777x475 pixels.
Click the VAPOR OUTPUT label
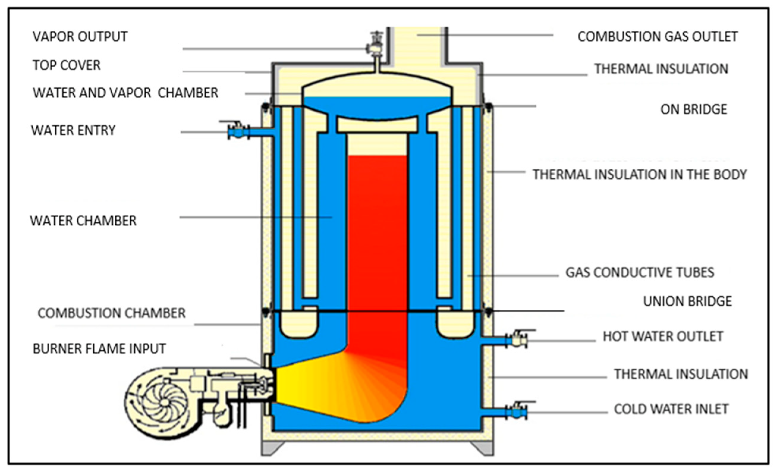pos(80,37)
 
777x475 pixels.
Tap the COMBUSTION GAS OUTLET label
pos(658,37)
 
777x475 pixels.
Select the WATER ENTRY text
pos(73,130)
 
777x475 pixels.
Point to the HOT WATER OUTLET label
pos(663,336)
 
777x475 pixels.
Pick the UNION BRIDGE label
pos(688,301)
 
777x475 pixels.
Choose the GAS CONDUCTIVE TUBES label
pos(639,273)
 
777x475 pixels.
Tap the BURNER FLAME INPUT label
pos(99,349)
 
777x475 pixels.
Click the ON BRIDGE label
pos(694,109)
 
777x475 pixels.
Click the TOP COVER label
pos(67,65)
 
